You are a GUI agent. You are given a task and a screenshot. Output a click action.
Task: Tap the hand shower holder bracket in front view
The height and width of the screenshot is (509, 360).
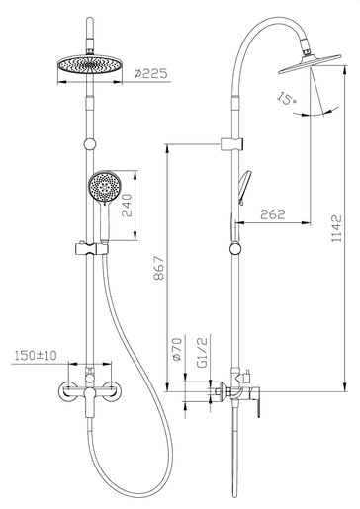pyautogui.click(x=92, y=246)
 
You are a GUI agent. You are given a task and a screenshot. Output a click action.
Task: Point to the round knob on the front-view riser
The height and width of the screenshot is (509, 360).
pyautogui.click(x=91, y=143)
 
